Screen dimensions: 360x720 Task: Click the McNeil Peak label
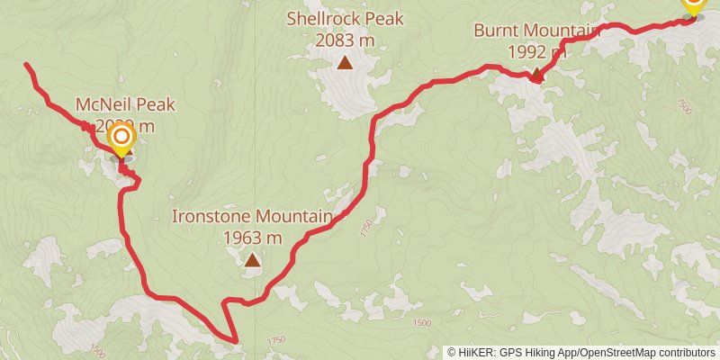pyautogui.click(x=125, y=105)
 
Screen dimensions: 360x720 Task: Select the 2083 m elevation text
pyautogui.click(x=346, y=40)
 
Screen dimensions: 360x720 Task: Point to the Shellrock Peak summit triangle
pyautogui.click(x=345, y=62)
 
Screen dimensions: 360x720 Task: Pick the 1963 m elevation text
pyautogui.click(x=253, y=238)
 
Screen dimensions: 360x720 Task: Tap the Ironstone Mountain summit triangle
pyautogui.click(x=253, y=261)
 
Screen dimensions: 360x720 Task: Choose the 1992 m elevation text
pyautogui.click(x=536, y=52)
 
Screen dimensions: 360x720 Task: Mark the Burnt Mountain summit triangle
pyautogui.click(x=536, y=76)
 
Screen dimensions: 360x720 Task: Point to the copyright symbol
pyautogui.click(x=453, y=352)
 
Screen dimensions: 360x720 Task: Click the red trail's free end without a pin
pyautogui.click(x=27, y=65)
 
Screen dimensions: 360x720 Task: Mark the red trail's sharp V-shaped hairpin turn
pyautogui.click(x=234, y=341)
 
